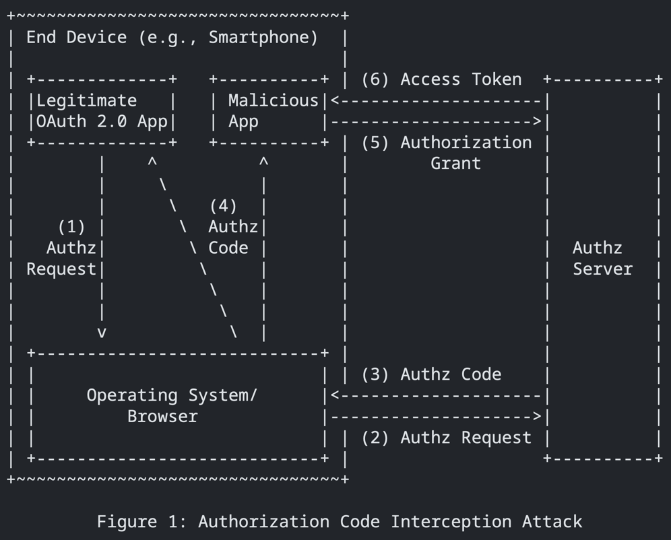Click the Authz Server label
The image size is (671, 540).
tap(602, 259)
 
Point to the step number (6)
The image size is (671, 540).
tap(375, 79)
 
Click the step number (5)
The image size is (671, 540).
tap(375, 143)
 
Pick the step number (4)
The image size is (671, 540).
tap(223, 206)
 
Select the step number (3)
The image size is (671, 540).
tap(375, 374)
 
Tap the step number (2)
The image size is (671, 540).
tap(375, 438)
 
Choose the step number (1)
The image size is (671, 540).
tap(71, 227)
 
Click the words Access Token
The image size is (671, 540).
tap(461, 79)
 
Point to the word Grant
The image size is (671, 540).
tap(455, 164)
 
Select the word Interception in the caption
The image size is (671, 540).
tap(451, 522)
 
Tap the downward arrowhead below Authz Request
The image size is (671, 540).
tap(102, 333)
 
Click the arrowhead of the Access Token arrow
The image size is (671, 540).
tap(335, 101)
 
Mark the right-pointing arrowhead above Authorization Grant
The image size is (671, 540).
tap(538, 122)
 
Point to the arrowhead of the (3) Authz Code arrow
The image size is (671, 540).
tap(335, 396)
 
